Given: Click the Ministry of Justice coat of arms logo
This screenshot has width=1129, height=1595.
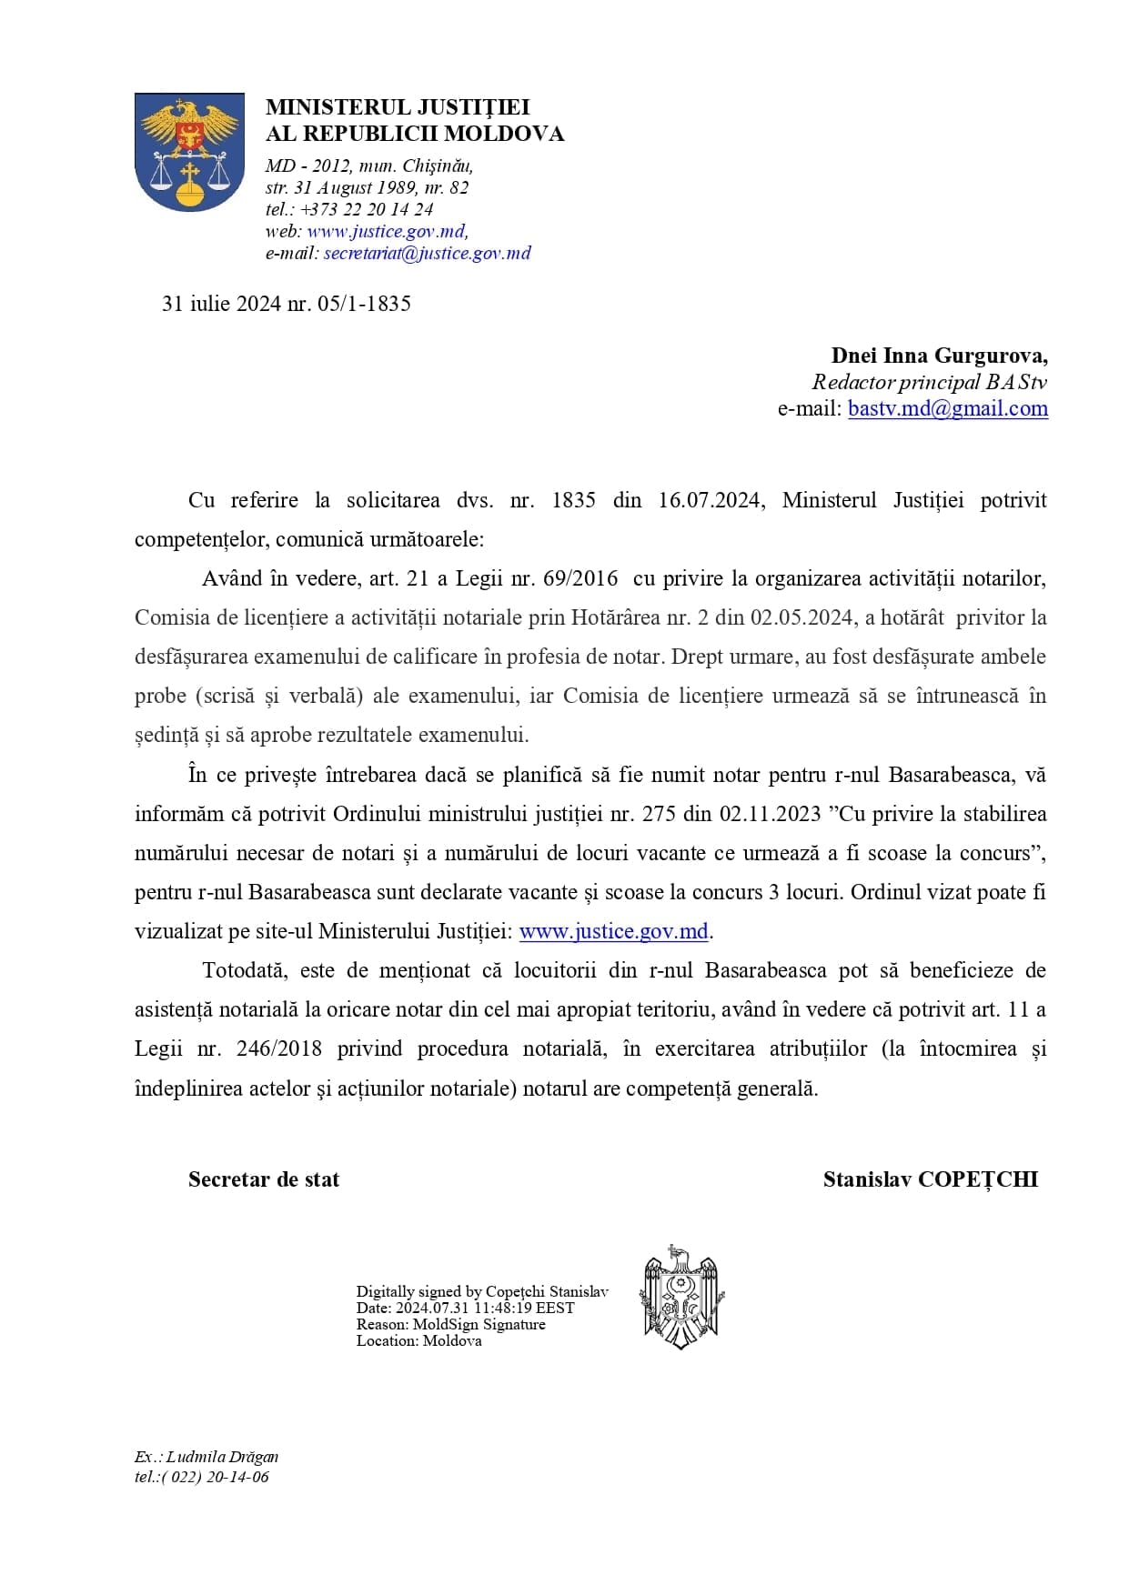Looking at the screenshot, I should pyautogui.click(x=189, y=152).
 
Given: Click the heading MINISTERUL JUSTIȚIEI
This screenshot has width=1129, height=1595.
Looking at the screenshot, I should pyautogui.click(x=398, y=107).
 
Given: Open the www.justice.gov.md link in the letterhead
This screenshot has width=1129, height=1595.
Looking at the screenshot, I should pyautogui.click(x=387, y=231).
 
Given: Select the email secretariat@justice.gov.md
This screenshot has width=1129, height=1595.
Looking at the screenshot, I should pyautogui.click(x=427, y=254).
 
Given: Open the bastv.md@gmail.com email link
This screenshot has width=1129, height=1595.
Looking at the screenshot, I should pyautogui.click(x=947, y=408).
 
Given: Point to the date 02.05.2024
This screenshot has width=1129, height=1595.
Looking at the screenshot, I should pyautogui.click(x=801, y=617).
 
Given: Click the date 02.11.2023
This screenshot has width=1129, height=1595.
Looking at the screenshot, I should pyautogui.click(x=770, y=814).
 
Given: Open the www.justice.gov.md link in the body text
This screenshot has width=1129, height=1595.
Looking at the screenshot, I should pyautogui.click(x=613, y=931).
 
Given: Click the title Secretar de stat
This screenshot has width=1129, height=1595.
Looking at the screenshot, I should pyautogui.click(x=264, y=1179).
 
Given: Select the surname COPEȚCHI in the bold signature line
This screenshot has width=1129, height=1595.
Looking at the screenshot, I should pyautogui.click(x=977, y=1179).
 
